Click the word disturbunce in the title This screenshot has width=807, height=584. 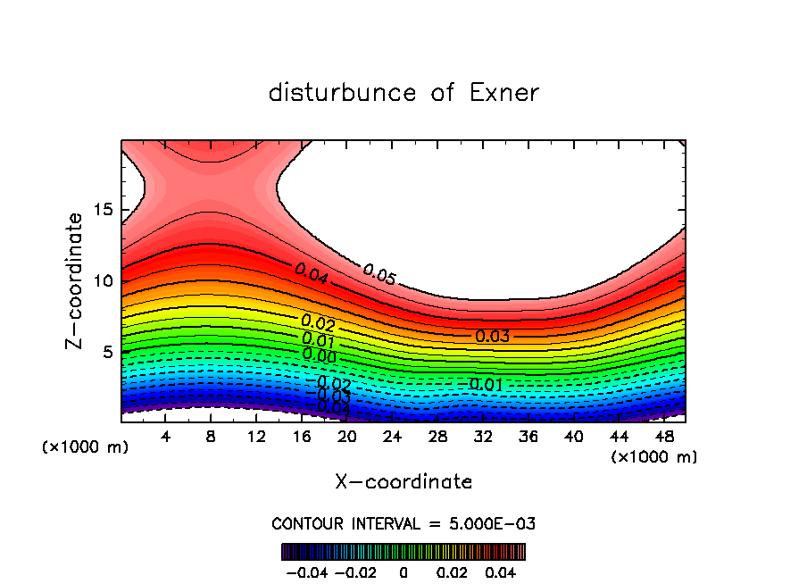[342, 93]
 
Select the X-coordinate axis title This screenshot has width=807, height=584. [403, 482]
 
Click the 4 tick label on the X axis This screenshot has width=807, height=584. [166, 437]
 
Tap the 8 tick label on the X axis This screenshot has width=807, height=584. [212, 437]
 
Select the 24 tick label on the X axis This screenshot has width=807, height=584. [392, 437]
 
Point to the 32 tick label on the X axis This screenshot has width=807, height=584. [483, 437]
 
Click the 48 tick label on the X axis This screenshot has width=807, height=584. [663, 437]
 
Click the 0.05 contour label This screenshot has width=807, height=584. [379, 275]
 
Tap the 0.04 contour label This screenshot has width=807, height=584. [312, 275]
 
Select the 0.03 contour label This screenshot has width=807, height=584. [492, 337]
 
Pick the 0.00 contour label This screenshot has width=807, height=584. [319, 355]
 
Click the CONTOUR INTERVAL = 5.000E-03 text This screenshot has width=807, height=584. [403, 523]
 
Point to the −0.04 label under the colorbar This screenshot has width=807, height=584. [307, 571]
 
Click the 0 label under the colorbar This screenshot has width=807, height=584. [403, 571]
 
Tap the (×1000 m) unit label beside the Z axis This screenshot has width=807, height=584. [86, 447]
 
